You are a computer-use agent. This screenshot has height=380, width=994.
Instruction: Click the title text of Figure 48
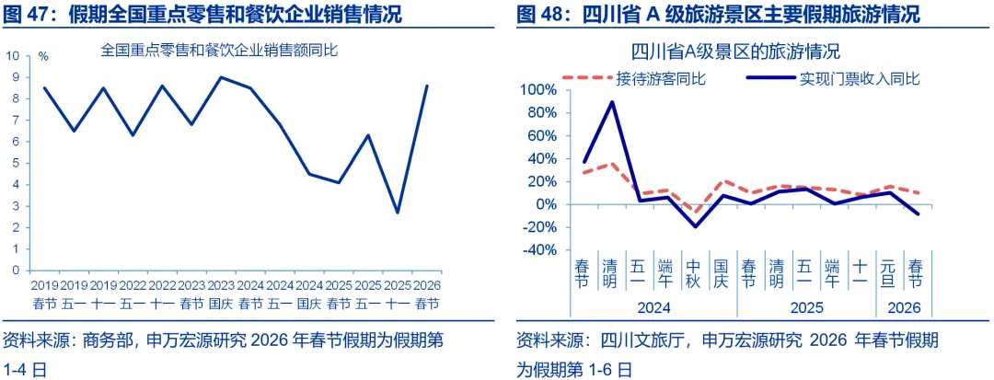click(x=718, y=14)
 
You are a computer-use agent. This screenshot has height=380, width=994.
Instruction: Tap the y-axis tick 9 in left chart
click(x=15, y=77)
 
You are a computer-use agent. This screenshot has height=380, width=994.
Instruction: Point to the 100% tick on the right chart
click(x=537, y=90)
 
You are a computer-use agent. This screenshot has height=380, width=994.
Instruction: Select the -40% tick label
click(x=538, y=249)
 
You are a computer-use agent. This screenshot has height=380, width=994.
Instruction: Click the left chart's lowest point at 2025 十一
click(x=398, y=213)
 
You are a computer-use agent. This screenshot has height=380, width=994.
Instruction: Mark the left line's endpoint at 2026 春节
click(x=426, y=86)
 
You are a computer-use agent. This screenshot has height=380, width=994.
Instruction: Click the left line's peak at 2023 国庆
click(x=220, y=77)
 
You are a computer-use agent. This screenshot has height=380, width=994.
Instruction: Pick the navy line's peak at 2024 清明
click(x=612, y=102)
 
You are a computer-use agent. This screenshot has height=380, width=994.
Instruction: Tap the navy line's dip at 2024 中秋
click(x=696, y=226)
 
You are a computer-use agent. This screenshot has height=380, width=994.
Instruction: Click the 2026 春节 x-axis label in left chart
click(x=426, y=294)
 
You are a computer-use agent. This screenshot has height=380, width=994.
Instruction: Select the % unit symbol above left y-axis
click(x=43, y=56)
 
